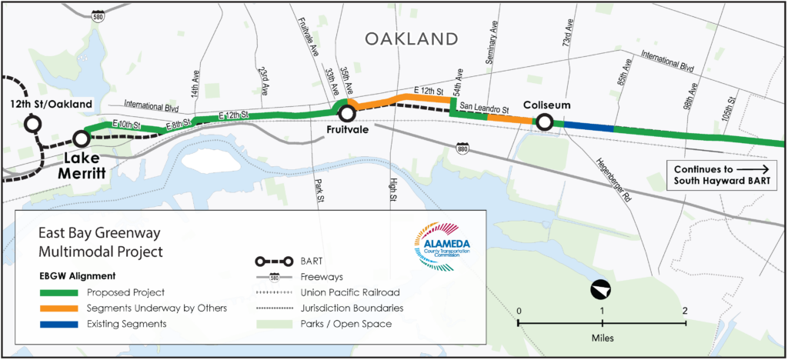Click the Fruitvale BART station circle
coord(347,114)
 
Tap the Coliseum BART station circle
coord(544,121)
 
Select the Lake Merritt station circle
coord(80,139)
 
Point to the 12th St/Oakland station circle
coord(32,123)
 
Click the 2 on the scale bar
coord(684,310)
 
